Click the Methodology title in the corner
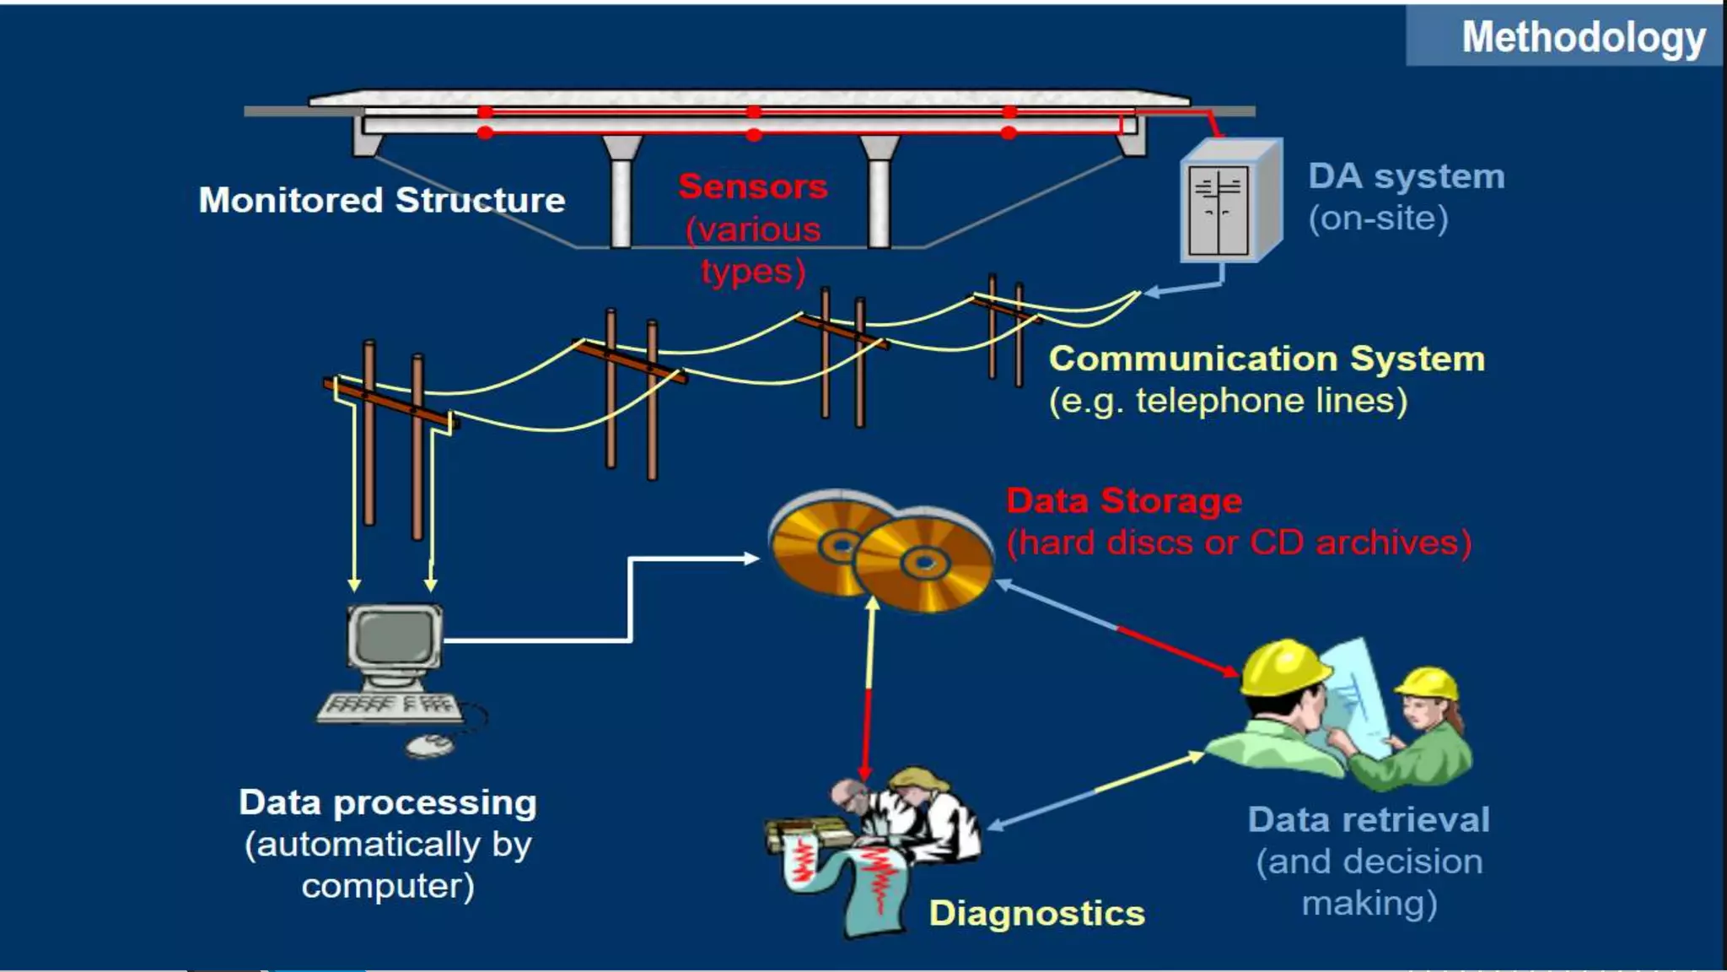point(1583,37)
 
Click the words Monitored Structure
point(382,201)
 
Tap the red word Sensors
point(753,186)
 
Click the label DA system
point(1406,176)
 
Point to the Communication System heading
point(1267,359)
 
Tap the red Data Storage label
point(1124,501)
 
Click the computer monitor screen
point(394,635)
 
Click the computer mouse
point(430,744)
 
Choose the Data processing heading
point(387,802)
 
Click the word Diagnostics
point(1036,914)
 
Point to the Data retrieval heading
point(1369,820)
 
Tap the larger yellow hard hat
point(1283,666)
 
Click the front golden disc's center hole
point(924,563)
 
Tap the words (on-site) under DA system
point(1378,219)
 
